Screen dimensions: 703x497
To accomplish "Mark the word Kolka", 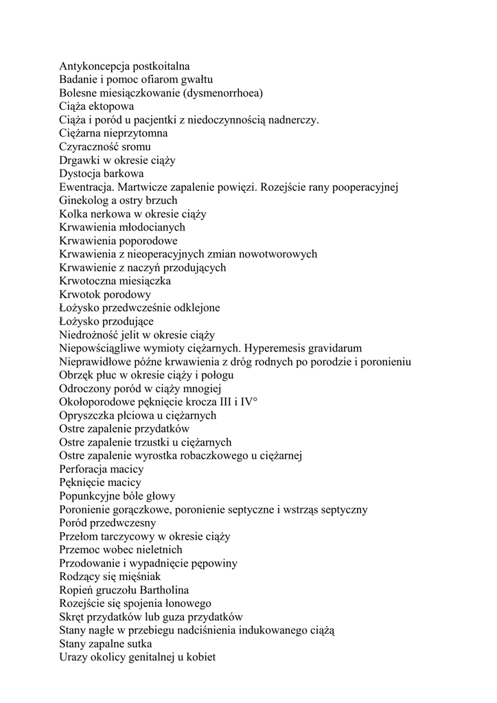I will point(73,214).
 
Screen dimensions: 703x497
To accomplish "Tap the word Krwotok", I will point(79,294).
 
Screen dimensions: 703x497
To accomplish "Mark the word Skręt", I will point(73,616).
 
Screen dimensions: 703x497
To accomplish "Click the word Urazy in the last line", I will point(73,657).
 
